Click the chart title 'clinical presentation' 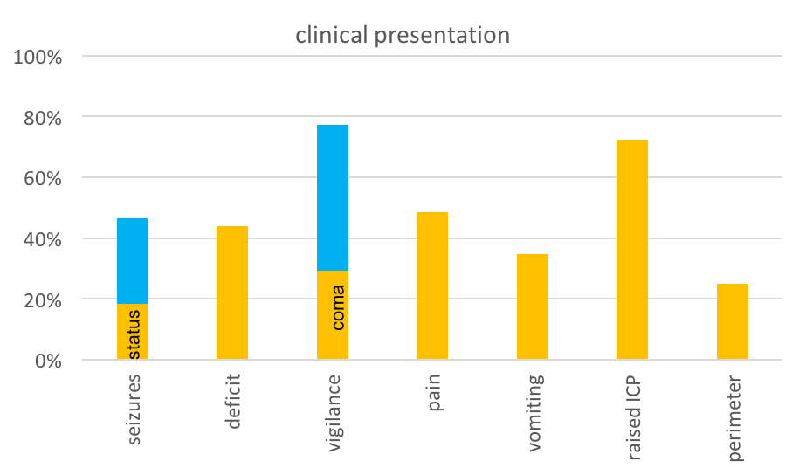click(x=402, y=35)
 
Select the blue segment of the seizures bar click(x=132, y=260)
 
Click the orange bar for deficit click(x=232, y=293)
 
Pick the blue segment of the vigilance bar click(x=333, y=197)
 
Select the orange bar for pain click(x=432, y=286)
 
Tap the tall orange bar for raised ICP click(x=632, y=250)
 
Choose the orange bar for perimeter click(x=733, y=321)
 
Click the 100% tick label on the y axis click(x=38, y=58)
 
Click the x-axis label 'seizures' click(x=134, y=410)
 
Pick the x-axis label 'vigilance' click(x=334, y=412)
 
